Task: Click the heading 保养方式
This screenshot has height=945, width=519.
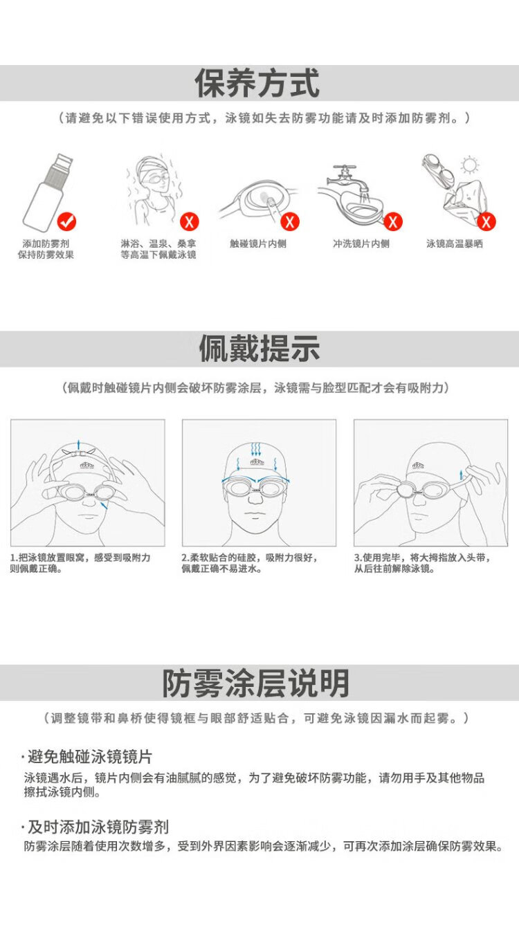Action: [257, 83]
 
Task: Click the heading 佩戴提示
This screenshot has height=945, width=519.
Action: [259, 349]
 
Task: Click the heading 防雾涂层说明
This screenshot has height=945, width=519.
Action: [256, 683]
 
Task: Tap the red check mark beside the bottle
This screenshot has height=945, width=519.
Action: [66, 221]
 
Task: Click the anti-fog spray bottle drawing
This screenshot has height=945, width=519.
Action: [46, 191]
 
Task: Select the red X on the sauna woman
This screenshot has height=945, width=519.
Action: [190, 221]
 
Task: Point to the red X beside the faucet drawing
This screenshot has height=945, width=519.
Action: [393, 221]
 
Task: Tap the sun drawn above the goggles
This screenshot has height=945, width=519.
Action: [470, 165]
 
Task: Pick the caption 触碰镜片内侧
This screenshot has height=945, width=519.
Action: [258, 244]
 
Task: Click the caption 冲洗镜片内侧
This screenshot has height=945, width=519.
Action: [361, 244]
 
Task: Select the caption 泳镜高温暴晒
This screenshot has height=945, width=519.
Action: [455, 244]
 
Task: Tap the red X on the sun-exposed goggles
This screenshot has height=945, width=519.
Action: [486, 221]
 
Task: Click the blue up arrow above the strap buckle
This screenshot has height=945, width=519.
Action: [78, 445]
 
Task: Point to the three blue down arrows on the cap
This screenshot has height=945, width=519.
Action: [256, 449]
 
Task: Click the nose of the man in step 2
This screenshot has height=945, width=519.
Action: [255, 498]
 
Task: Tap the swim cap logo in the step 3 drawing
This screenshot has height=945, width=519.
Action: [418, 466]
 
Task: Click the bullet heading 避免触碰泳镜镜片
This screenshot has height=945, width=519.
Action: [89, 756]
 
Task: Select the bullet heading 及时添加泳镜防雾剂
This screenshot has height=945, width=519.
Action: [98, 827]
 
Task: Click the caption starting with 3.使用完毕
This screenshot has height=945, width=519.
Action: [422, 563]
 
